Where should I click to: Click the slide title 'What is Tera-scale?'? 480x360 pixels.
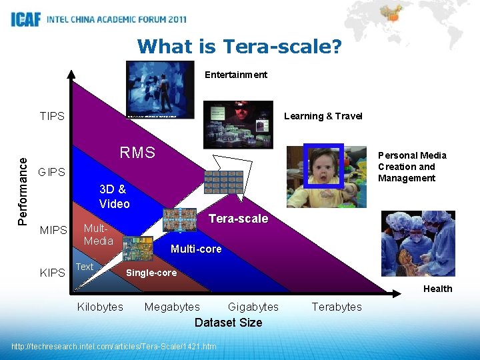point(239,47)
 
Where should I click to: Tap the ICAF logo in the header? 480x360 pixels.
point(26,19)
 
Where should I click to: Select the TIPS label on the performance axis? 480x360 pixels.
point(52,116)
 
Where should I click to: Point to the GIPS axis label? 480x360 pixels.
point(52,172)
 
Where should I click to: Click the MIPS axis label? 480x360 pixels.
point(53,231)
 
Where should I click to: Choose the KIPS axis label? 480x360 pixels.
point(53,273)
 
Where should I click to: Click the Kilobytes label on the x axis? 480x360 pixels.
point(100,307)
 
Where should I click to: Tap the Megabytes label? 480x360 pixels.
point(172,307)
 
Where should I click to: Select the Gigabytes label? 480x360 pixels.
point(253,307)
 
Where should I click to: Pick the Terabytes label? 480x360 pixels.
point(337,307)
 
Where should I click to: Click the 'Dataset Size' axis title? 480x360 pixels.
point(228,323)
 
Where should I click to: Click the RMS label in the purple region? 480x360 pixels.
point(137,153)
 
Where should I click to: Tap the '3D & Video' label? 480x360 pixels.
point(114,197)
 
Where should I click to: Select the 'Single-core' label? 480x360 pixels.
point(151,273)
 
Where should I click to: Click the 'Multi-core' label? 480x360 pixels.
point(196,249)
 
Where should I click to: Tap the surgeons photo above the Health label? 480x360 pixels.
point(418,243)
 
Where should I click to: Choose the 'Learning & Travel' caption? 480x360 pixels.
point(323,116)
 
